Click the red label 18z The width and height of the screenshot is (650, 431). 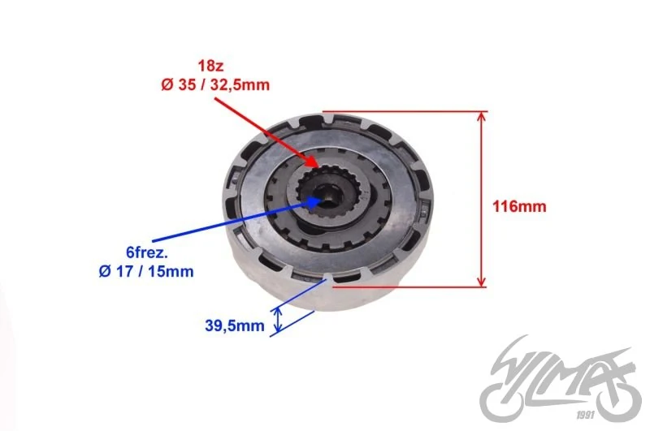pos(210,66)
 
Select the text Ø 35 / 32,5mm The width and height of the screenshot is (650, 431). pos(215,85)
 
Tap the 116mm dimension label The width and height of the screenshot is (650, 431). pos(519,206)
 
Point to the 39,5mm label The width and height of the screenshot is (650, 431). pos(235,325)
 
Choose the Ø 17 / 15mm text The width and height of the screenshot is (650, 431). pos(146,272)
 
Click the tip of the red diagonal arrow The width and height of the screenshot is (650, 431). pos(318,167)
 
